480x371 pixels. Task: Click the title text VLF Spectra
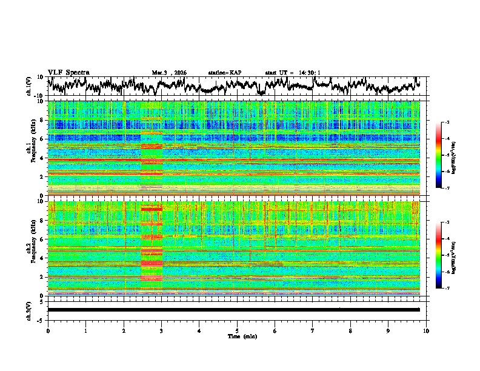68,72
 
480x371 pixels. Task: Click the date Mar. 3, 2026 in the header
169,73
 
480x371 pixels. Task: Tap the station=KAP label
225,73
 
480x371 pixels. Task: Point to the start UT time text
293,73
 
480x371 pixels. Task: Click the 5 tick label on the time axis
237,330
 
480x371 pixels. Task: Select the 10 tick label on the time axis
426,330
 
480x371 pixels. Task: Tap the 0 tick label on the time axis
48,330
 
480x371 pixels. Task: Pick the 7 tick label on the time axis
313,330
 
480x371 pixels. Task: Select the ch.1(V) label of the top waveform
29,86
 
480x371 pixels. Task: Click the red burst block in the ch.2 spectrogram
152,249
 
